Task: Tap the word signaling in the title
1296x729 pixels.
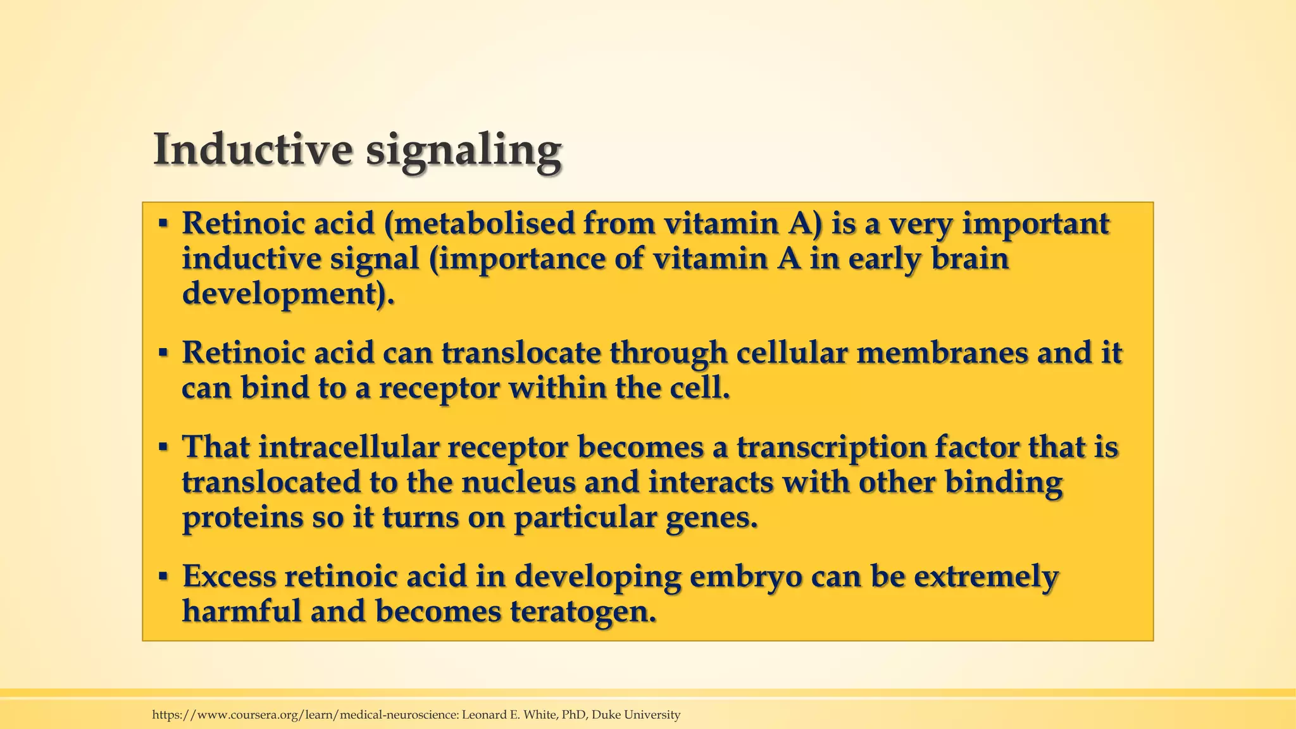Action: click(x=464, y=152)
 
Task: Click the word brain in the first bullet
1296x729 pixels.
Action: click(x=969, y=259)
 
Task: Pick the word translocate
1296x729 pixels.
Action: click(x=521, y=353)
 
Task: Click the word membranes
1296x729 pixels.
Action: click(x=942, y=353)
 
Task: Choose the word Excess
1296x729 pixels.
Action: click(x=229, y=576)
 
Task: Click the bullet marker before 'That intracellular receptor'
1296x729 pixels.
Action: click(x=163, y=448)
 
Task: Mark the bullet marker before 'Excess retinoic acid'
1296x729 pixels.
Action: click(x=163, y=577)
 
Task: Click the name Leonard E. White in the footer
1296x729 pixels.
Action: click(x=510, y=715)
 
